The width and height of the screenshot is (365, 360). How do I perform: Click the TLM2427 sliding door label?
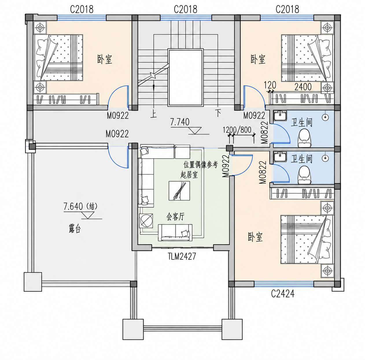coord(182,257)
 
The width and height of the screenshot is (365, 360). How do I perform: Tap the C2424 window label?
coord(283,294)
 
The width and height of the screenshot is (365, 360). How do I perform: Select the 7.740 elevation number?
coord(180,122)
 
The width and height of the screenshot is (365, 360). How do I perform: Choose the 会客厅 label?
coord(175,217)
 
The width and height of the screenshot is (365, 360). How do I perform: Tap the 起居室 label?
coord(189,175)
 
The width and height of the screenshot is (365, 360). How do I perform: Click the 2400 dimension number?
coord(303,87)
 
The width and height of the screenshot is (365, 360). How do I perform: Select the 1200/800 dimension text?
coord(237,130)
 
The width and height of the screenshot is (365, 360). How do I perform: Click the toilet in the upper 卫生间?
coord(305,138)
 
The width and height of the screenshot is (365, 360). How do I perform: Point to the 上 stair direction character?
coord(153,114)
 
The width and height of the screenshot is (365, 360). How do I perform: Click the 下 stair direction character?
coord(218,113)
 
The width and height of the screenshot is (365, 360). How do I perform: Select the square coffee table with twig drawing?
coord(179,191)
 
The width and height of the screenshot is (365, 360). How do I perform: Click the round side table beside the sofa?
coord(146,221)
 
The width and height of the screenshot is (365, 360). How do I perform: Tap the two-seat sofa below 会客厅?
coord(175,233)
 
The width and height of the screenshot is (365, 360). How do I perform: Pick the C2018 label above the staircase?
coord(185,9)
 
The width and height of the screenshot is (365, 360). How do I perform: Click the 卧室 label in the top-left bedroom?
coord(105,59)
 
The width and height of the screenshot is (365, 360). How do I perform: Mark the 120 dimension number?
coord(270,85)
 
